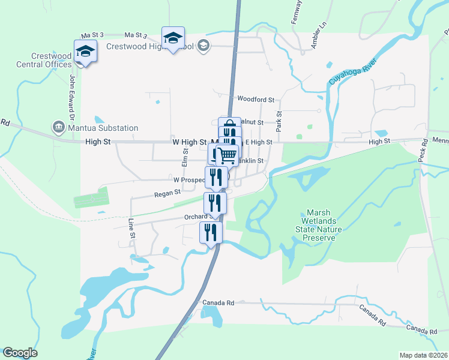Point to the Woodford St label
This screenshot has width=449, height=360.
255,99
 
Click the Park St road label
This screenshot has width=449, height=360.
279,121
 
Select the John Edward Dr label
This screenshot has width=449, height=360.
71,94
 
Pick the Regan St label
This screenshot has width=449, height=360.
167,193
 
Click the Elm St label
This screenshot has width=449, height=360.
185,158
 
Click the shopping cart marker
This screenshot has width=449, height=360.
227,155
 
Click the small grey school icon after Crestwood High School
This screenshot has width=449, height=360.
204,45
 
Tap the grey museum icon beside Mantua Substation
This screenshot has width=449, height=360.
59,127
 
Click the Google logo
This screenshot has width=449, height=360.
20,353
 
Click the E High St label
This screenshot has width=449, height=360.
258,142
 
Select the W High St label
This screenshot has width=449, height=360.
189,142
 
